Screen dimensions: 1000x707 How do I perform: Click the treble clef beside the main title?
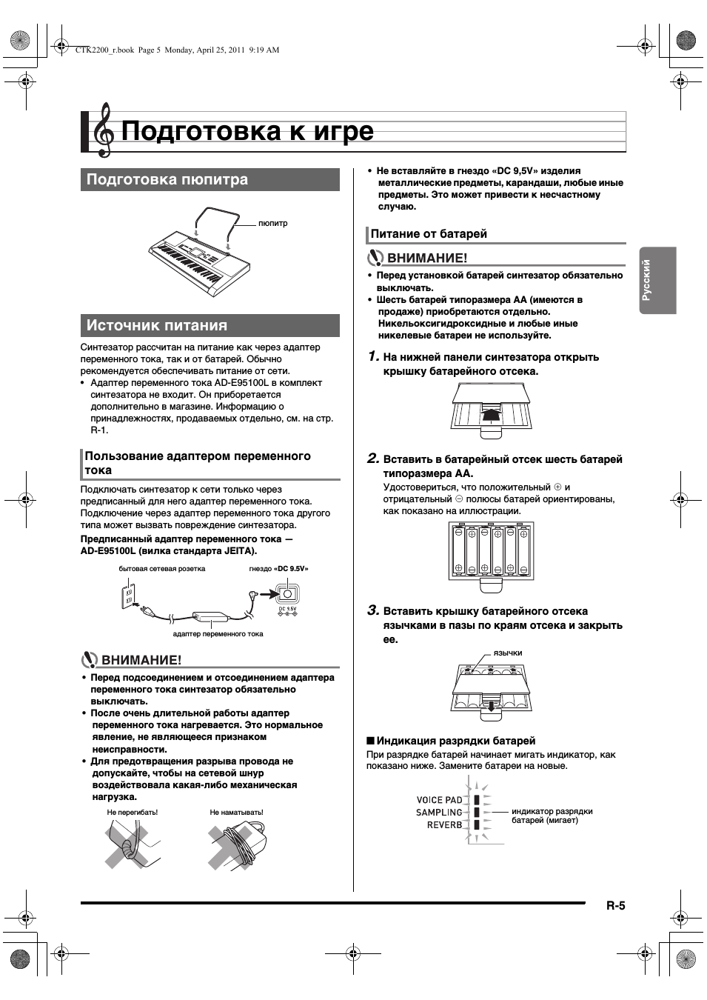pyautogui.click(x=104, y=130)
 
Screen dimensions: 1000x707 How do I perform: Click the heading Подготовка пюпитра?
pyautogui.click(x=167, y=180)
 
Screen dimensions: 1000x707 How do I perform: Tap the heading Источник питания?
pyautogui.click(x=157, y=326)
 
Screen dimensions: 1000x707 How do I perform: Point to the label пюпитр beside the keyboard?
pyautogui.click(x=272, y=223)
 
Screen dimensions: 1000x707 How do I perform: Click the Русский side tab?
pyautogui.click(x=646, y=280)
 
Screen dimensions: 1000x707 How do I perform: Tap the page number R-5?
pyautogui.click(x=616, y=905)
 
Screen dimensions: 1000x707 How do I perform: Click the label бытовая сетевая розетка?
pyautogui.click(x=162, y=569)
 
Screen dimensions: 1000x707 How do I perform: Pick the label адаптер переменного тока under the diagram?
pyautogui.click(x=218, y=634)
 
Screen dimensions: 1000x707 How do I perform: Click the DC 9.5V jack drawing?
pyautogui.click(x=287, y=595)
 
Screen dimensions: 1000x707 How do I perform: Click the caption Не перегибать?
pyautogui.click(x=133, y=813)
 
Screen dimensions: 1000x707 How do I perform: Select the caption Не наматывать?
pyautogui.click(x=236, y=813)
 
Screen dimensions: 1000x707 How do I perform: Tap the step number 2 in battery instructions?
pyautogui.click(x=374, y=459)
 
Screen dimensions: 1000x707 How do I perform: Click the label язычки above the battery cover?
pyautogui.click(x=508, y=653)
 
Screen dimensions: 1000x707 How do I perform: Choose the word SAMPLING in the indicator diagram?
pyautogui.click(x=439, y=813)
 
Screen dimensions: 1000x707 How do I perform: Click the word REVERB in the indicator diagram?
pyautogui.click(x=444, y=825)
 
